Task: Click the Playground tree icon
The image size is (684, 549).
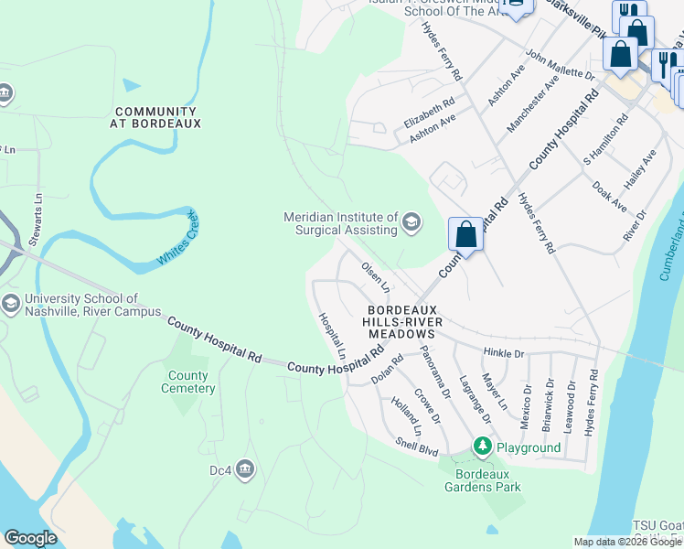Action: click(x=482, y=447)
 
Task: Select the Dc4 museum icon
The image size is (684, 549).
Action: click(x=245, y=470)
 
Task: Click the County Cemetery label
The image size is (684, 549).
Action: click(x=188, y=382)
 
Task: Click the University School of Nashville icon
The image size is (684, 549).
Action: click(x=10, y=304)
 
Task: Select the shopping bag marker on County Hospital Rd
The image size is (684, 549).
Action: click(x=465, y=235)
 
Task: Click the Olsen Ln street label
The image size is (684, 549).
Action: click(x=376, y=277)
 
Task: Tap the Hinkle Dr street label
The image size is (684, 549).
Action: click(x=504, y=352)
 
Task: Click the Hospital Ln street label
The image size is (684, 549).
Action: click(x=332, y=335)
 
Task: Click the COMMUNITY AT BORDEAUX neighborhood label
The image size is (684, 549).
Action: click(x=155, y=116)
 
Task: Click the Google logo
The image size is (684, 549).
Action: click(x=30, y=538)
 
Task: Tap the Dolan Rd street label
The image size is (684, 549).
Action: click(x=387, y=369)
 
